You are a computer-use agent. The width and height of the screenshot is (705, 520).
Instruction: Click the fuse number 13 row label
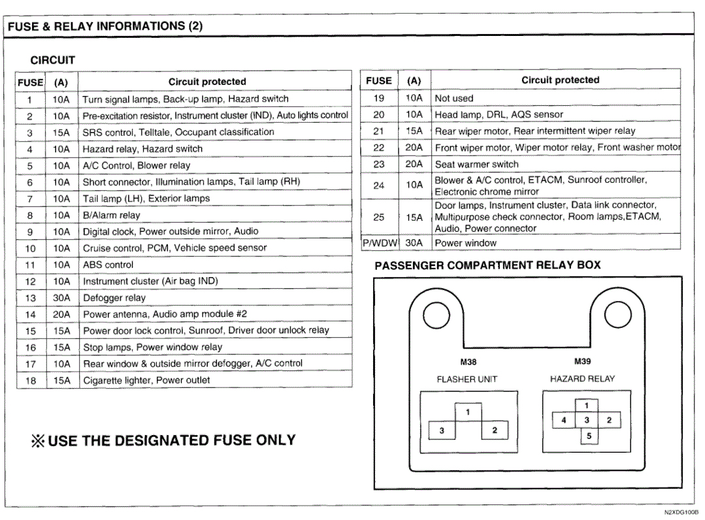tap(30, 298)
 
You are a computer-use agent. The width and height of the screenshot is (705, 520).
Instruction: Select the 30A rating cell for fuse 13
tap(61, 298)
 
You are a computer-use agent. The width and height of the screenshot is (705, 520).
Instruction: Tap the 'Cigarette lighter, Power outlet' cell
tap(146, 380)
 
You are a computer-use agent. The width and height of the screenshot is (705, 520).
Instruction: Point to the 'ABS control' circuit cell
tap(108, 265)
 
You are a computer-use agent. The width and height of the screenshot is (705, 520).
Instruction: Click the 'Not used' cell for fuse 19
tap(454, 98)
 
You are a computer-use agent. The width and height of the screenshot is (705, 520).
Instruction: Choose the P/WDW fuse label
tap(380, 243)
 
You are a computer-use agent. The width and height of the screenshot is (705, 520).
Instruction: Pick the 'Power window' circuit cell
tap(466, 243)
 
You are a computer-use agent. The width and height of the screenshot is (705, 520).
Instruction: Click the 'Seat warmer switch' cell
tap(476, 164)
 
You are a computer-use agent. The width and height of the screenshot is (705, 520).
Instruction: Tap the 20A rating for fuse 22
tap(414, 148)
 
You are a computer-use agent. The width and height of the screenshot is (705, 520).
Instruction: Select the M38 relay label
tap(468, 361)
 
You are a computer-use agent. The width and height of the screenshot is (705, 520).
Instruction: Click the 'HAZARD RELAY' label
tap(582, 378)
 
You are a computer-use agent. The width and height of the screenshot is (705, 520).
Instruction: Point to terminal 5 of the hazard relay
tap(589, 436)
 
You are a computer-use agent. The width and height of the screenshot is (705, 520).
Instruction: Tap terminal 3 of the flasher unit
tap(442, 431)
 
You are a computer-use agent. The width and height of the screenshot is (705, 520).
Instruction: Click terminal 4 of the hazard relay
tap(564, 420)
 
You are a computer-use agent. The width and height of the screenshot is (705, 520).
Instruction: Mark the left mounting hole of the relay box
tap(436, 317)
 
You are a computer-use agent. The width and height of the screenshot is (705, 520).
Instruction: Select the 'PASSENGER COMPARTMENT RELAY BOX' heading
tap(487, 265)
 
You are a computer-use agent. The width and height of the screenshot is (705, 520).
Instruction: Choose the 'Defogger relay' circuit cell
tap(114, 298)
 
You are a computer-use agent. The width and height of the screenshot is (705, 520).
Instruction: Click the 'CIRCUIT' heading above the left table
tap(53, 60)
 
